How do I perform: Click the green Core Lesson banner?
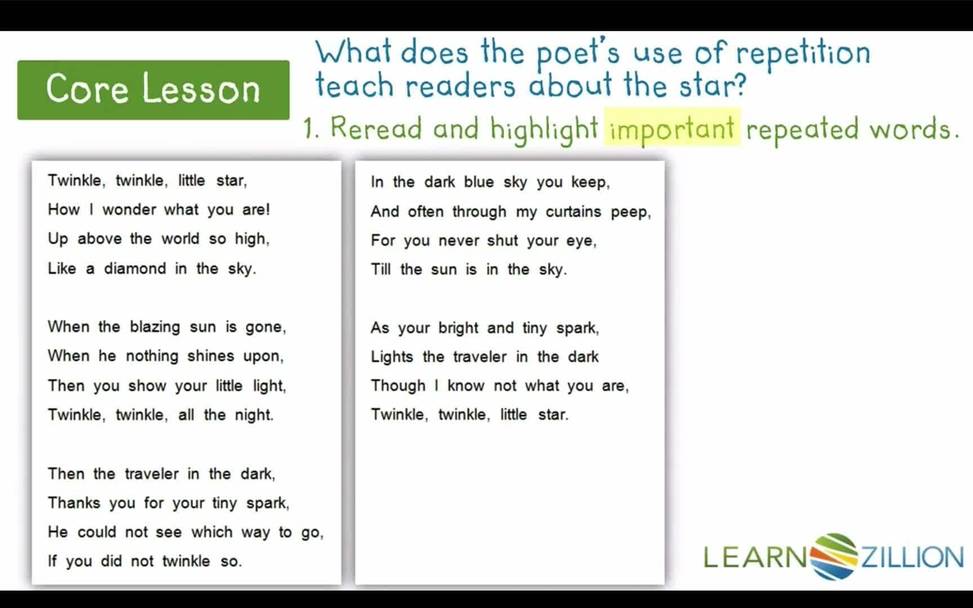[x=153, y=90]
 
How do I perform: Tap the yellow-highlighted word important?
[x=672, y=128]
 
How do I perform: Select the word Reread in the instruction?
[x=376, y=128]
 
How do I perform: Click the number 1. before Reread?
[x=311, y=128]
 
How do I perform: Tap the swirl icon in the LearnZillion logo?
[x=834, y=556]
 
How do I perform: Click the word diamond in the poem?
[x=135, y=269]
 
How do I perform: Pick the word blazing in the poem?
[x=155, y=327]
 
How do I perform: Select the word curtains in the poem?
[x=573, y=212]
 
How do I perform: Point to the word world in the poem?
[x=180, y=239]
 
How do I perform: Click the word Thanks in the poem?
[x=74, y=503]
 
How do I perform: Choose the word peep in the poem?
[x=630, y=212]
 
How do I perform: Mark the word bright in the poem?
[x=458, y=328]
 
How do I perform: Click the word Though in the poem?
[x=398, y=386]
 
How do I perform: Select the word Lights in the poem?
[x=392, y=357]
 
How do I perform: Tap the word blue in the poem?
[x=479, y=182]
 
